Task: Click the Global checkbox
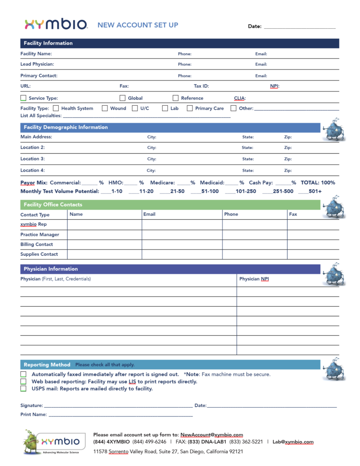pos(122,98)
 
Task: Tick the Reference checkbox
pos(175,98)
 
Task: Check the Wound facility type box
pos(105,108)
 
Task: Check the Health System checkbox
pos(56,108)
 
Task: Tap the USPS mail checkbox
pos(23,389)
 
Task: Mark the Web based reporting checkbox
pos(23,381)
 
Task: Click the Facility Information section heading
pos(48,43)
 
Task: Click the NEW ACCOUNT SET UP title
pos(138,25)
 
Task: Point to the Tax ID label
pos(201,86)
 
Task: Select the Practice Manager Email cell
pos(182,235)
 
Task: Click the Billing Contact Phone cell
pos(254,244)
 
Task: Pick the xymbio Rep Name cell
pos(105,224)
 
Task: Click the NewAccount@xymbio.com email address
pos(212,435)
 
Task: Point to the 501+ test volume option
pos(314,192)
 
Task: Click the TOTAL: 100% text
pos(318,182)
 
